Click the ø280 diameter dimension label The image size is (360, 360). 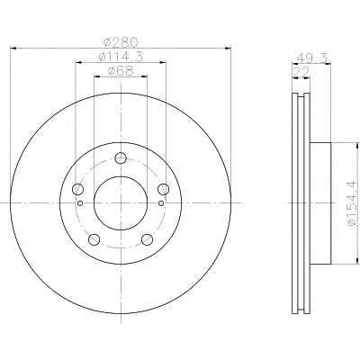pyautogui.click(x=121, y=42)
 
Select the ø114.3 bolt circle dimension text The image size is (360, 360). pyautogui.click(x=121, y=57)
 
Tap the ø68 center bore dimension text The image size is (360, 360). pyautogui.click(x=121, y=71)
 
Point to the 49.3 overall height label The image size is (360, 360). pyautogui.click(x=311, y=58)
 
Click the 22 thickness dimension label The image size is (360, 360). pyautogui.click(x=301, y=72)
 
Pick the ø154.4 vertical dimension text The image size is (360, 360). pyautogui.click(x=353, y=203)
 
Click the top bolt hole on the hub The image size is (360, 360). pyautogui.click(x=121, y=158)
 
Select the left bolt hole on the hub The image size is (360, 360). pyautogui.click(x=78, y=189)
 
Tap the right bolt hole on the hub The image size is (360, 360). pyautogui.click(x=164, y=189)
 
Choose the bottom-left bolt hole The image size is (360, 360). pyautogui.click(x=94, y=239)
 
